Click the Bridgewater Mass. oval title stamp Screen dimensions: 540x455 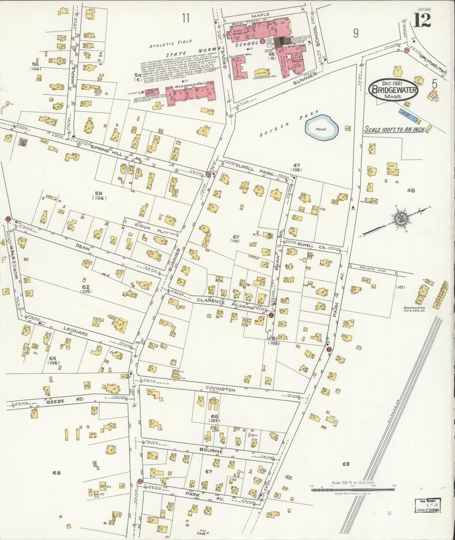click(x=394, y=89)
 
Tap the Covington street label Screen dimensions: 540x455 click(x=220, y=390)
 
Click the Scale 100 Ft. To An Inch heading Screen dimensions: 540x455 click(x=394, y=129)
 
